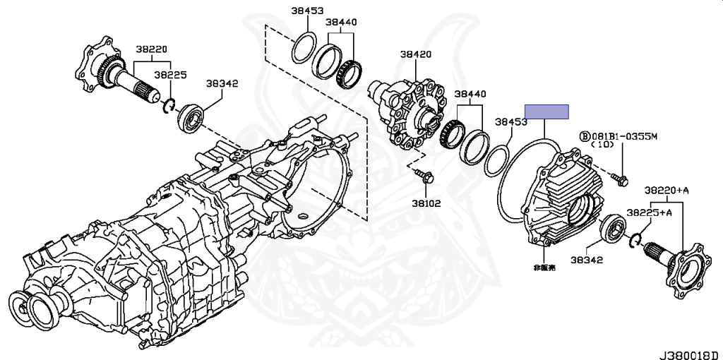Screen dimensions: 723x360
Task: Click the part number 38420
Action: point(415,54)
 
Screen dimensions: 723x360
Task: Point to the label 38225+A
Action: point(649,212)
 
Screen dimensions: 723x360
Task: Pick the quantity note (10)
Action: point(603,145)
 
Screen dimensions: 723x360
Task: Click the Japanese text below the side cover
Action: point(544,268)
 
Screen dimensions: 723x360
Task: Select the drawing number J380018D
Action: point(690,355)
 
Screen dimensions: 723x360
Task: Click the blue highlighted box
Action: point(546,112)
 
